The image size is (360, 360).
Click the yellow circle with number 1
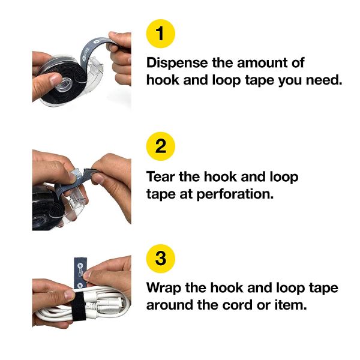[160, 34]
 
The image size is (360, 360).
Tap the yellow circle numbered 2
[160, 146]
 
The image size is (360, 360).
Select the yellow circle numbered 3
[160, 259]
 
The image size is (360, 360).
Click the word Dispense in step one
[177, 63]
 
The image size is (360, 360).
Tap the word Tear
[160, 177]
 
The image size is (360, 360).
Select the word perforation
[235, 194]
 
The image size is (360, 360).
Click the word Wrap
[164, 289]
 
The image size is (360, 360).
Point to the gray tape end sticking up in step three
[80, 272]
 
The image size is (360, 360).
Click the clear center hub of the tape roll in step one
[62, 84]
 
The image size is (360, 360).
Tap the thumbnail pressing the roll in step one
[55, 79]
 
